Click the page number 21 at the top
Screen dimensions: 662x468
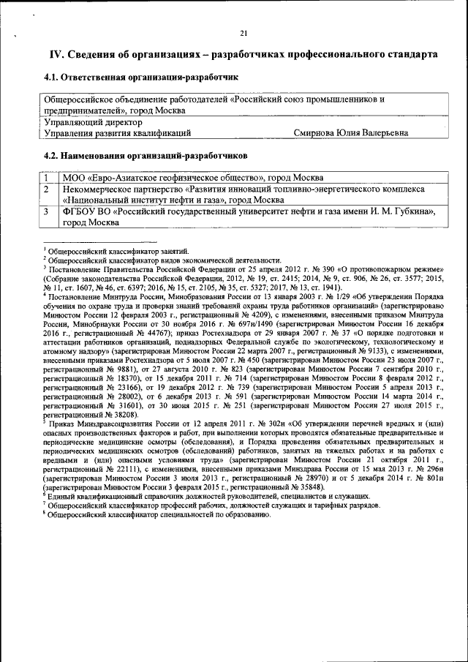244,32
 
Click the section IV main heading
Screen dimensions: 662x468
244,55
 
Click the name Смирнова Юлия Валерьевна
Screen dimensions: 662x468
350,133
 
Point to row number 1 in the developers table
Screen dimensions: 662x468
45,178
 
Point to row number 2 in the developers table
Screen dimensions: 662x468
45,189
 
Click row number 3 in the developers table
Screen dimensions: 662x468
45,211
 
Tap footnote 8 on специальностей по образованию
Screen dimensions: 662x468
157,514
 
